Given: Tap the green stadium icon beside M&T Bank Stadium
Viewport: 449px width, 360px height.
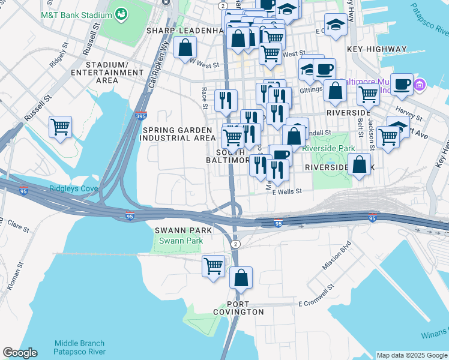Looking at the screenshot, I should tap(122, 13).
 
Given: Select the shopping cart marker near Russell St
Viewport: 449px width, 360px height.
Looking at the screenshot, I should tap(60, 127).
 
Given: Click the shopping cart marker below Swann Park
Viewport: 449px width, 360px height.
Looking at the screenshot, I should tap(214, 265).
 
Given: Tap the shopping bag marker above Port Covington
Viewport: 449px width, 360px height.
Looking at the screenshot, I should tap(241, 277).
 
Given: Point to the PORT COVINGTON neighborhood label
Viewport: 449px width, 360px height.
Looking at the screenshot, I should tap(238, 308).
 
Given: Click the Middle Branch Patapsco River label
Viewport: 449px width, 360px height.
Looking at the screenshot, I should tap(80, 347).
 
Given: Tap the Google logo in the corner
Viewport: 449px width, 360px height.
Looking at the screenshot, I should tap(20, 353).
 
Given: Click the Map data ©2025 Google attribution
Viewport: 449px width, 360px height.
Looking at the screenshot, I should tap(411, 355).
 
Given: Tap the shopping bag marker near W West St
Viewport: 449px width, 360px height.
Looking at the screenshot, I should tap(185, 47).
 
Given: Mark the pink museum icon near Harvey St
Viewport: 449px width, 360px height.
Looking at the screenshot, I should tap(419, 86).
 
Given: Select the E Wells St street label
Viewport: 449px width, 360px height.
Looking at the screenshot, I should tap(286, 191).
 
